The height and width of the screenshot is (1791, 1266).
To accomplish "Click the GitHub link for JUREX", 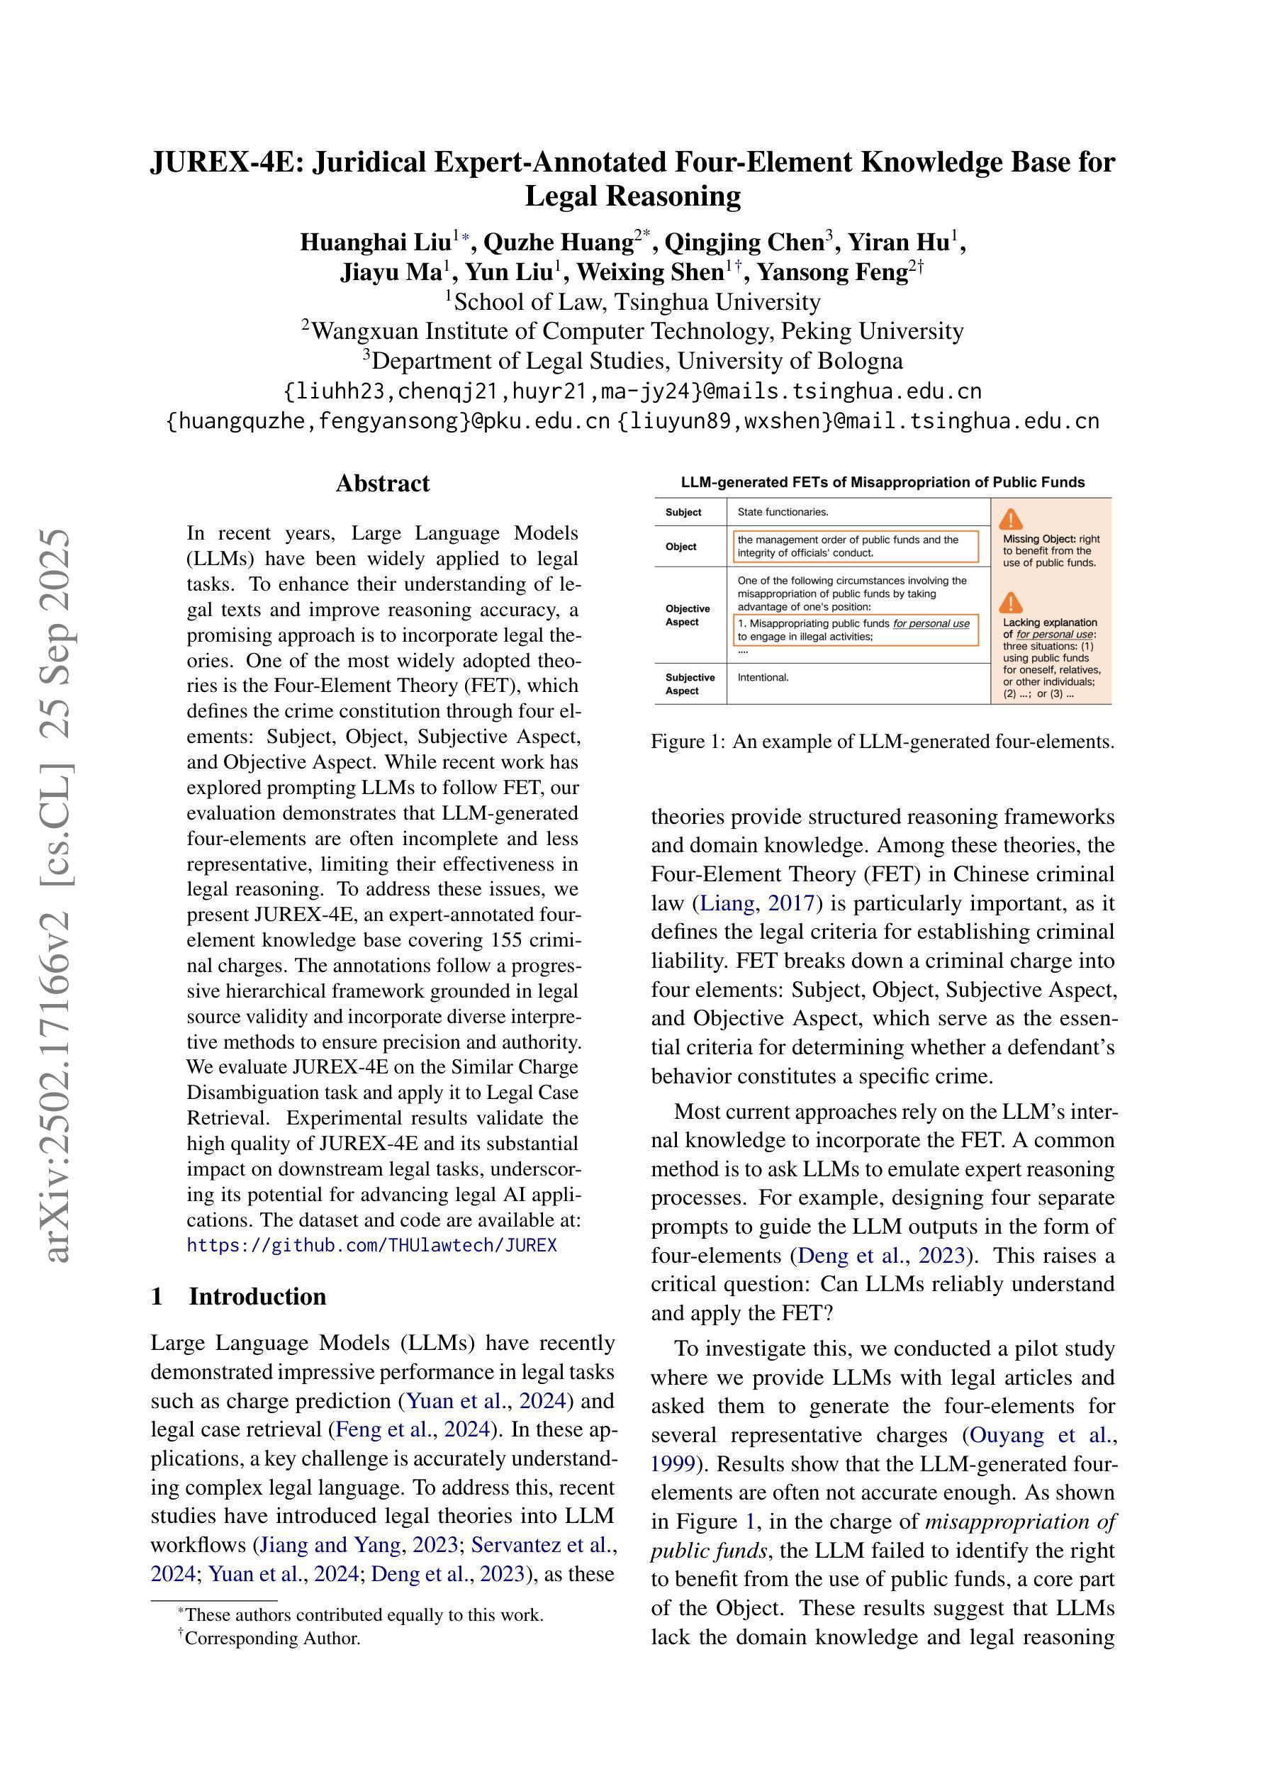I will (372, 1245).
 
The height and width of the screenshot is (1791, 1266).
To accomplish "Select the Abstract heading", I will (382, 484).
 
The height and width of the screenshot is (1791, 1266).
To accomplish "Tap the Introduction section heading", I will (257, 1296).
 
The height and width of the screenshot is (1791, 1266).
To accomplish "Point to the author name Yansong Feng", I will (833, 272).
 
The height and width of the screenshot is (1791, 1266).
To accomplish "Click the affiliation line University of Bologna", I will (632, 361).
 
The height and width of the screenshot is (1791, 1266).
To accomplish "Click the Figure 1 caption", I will (883, 742).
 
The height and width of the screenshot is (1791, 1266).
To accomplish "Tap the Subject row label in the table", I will (683, 513).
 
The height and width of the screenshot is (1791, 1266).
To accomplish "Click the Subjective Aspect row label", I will (690, 684).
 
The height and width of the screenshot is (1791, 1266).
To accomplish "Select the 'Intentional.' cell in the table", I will (763, 678).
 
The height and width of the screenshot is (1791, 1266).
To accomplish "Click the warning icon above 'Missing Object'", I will (1011, 520).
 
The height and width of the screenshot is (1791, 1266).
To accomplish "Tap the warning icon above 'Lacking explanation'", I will (1011, 603).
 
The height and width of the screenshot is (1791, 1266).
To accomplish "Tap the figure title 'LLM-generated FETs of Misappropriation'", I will (883, 482).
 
